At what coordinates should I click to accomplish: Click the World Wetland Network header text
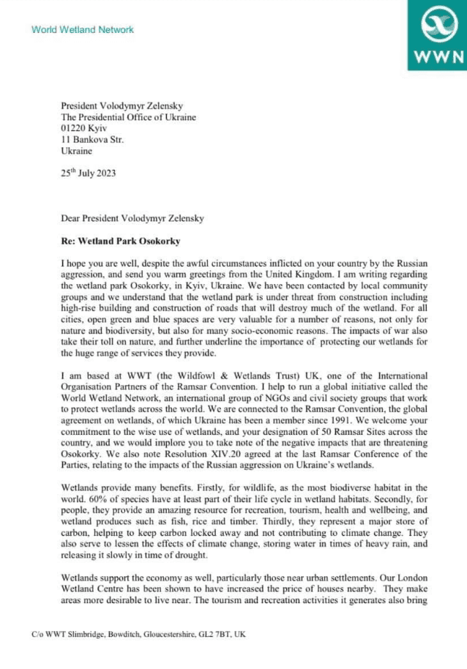[x=83, y=30]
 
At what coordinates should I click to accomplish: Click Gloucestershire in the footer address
[x=161, y=634]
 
